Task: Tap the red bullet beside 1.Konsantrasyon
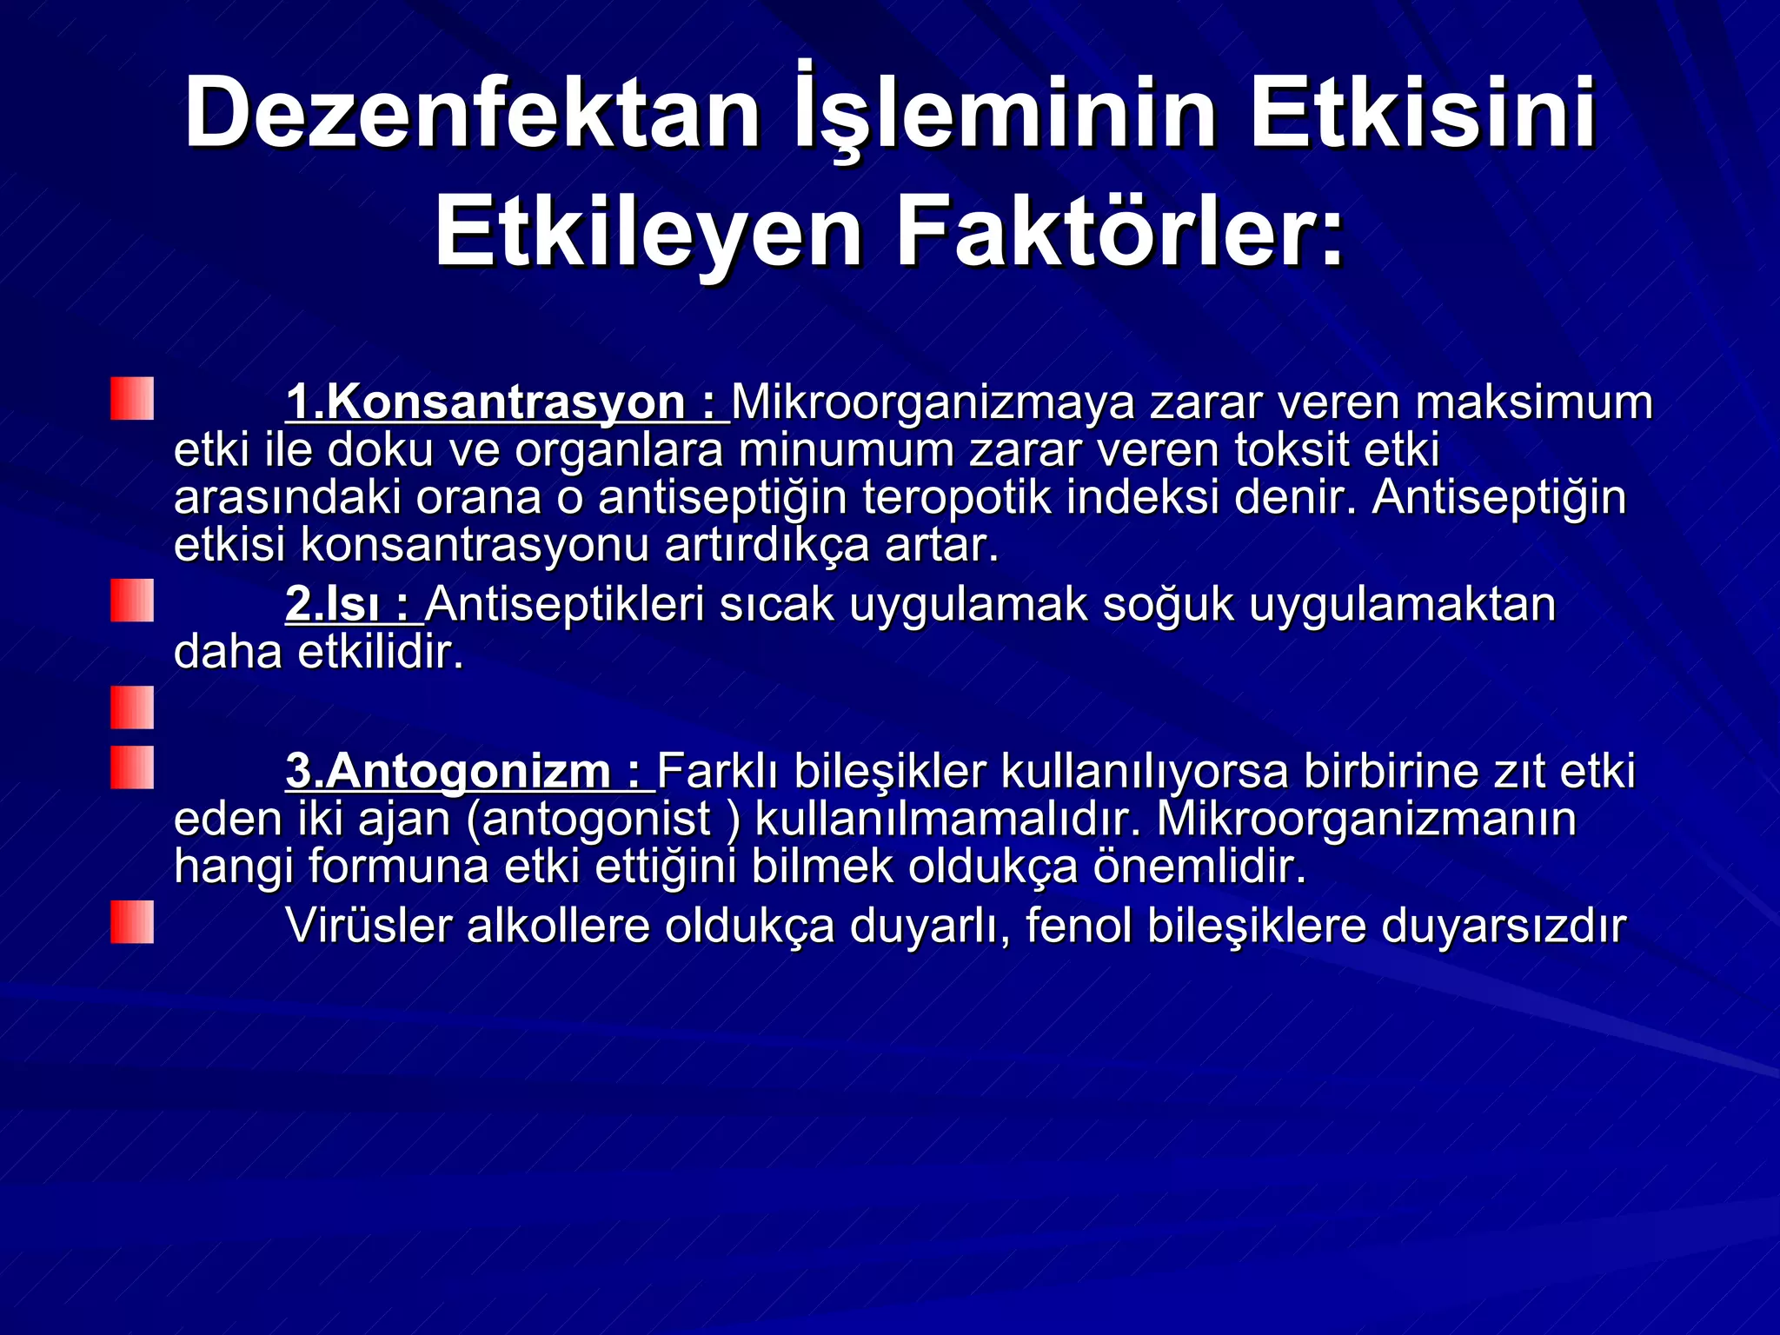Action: click(x=132, y=399)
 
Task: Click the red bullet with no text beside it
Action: click(x=132, y=707)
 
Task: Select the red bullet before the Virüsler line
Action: click(x=132, y=922)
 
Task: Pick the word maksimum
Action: click(x=1534, y=402)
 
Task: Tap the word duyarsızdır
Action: click(x=1503, y=926)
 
